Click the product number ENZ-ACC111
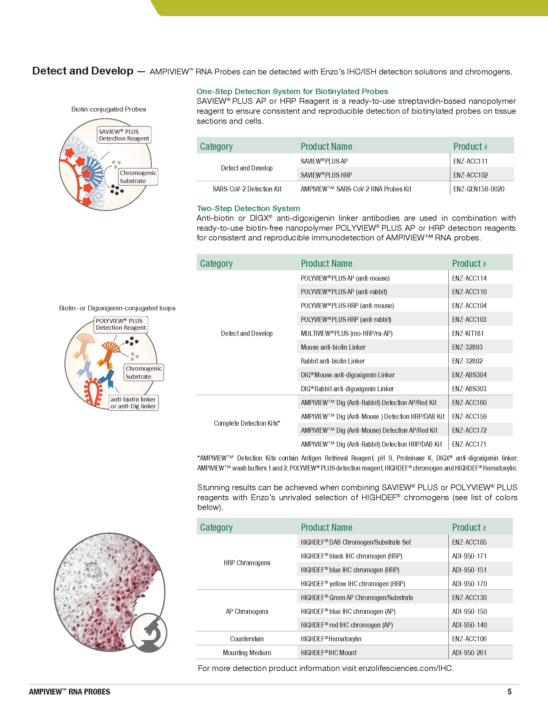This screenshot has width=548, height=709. [470, 161]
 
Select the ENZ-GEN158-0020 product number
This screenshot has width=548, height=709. [478, 189]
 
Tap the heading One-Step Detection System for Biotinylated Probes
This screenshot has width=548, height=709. [292, 92]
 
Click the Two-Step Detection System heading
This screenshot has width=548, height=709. [248, 209]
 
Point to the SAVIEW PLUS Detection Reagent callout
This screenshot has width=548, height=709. [124, 135]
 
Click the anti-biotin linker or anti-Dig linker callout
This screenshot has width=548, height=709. [133, 403]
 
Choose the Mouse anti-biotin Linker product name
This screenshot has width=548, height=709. [333, 347]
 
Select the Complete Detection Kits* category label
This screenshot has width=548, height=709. [247, 423]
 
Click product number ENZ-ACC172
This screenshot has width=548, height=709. [469, 431]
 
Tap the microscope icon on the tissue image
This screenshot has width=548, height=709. [149, 633]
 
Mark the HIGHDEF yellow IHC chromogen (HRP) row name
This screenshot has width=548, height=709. [353, 584]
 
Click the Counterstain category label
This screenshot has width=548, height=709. [247, 639]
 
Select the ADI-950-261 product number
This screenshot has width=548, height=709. [469, 653]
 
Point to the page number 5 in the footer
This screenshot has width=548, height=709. [509, 692]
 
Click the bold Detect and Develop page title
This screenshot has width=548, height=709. [83, 71]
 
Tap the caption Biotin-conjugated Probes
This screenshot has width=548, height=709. [109, 109]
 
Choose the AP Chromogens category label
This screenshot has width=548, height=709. [247, 612]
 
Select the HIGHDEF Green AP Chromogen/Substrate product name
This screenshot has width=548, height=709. [357, 597]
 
